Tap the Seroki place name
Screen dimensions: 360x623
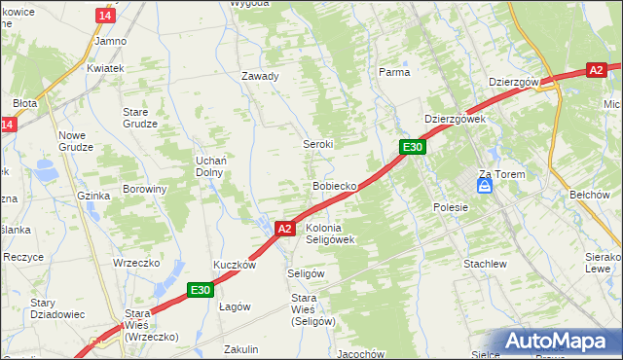[317, 144]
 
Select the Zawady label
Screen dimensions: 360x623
[260, 76]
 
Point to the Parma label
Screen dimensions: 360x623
[393, 72]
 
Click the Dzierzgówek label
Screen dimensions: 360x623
[455, 119]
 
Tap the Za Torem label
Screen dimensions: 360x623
[501, 174]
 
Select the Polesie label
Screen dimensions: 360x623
[451, 207]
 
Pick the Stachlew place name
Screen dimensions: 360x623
[485, 264]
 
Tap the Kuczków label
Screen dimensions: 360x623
[235, 265]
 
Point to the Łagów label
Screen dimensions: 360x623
[235, 306]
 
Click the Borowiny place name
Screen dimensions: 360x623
[145, 189]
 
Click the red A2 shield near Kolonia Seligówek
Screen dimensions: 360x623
[284, 229]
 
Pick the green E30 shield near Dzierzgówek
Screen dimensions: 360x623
[413, 147]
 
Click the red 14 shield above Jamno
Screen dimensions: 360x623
[106, 17]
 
